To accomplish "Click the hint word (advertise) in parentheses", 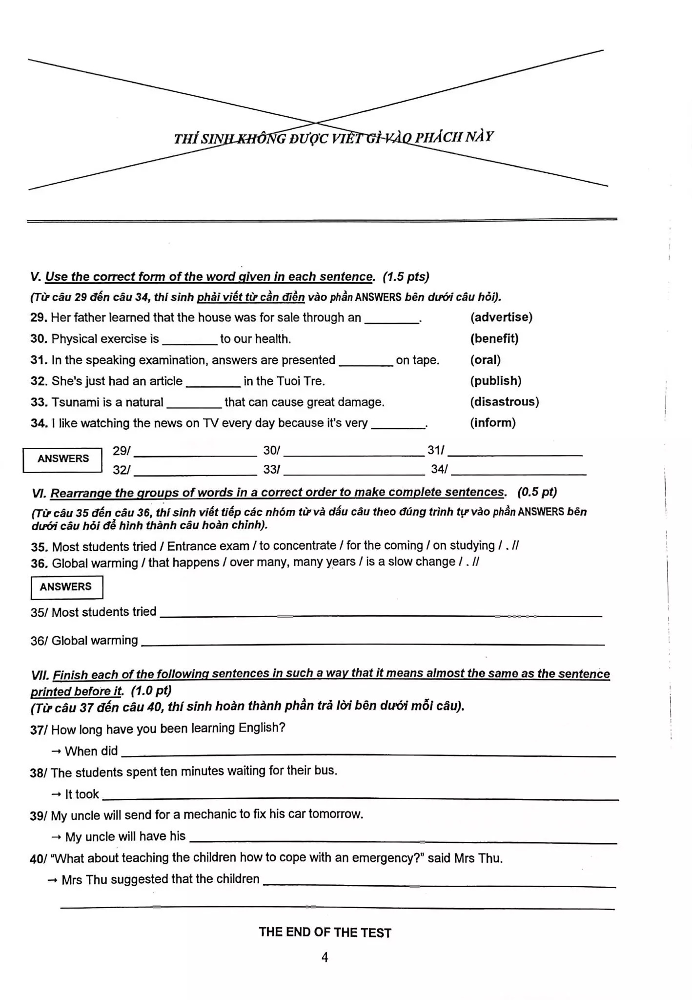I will (x=501, y=317).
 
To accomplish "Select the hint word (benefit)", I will (x=494, y=339).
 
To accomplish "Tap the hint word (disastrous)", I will (x=504, y=402).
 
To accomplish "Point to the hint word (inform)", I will (x=492, y=423).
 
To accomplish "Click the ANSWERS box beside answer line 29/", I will (x=63, y=459).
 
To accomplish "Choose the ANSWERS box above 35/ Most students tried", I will (x=66, y=587).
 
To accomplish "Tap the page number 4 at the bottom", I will (x=325, y=958).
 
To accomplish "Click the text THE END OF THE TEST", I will (x=325, y=932).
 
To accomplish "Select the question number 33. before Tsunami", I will (x=39, y=402).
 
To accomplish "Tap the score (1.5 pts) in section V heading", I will (x=406, y=277).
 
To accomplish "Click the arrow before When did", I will (x=57, y=751).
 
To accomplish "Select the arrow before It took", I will (x=57, y=794).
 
